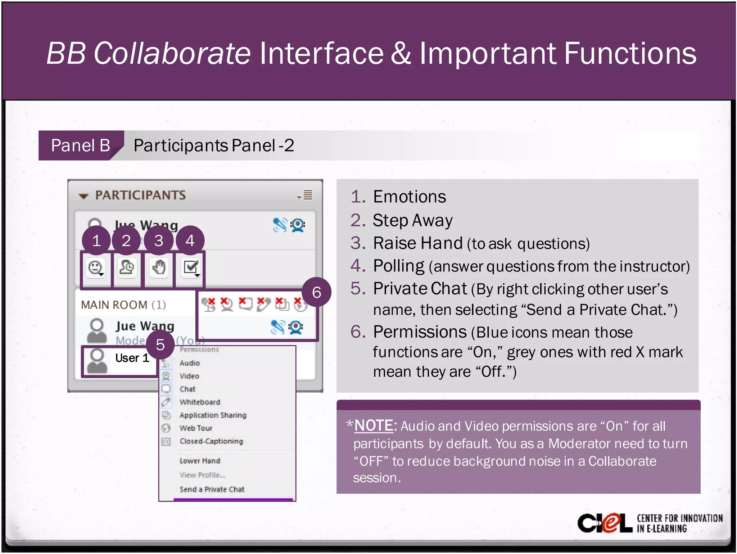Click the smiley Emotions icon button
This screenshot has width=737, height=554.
point(96,268)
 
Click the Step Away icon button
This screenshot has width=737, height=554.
point(126,268)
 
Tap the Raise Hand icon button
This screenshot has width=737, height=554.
point(159,268)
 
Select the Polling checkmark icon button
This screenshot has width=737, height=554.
point(191,268)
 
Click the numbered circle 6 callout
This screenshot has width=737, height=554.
point(316,292)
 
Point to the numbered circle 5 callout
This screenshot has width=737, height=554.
point(160,345)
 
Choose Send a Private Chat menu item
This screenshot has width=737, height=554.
point(212,489)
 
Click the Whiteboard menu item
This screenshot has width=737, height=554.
point(200,402)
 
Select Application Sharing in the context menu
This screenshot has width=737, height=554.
point(213,415)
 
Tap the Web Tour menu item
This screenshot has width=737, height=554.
point(196,428)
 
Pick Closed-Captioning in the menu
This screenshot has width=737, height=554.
point(211,441)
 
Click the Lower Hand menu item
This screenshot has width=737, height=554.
point(200,461)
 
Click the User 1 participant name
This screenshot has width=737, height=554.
point(132,358)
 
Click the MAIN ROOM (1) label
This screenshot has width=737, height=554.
point(123,305)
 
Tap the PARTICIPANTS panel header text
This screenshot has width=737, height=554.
point(140,195)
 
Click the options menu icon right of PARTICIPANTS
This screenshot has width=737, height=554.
point(306,195)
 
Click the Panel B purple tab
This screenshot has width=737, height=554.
point(80,145)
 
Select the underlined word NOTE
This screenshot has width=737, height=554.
point(374,426)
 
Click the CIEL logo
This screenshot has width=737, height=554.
point(605,523)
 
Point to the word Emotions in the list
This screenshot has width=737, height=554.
point(410,197)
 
